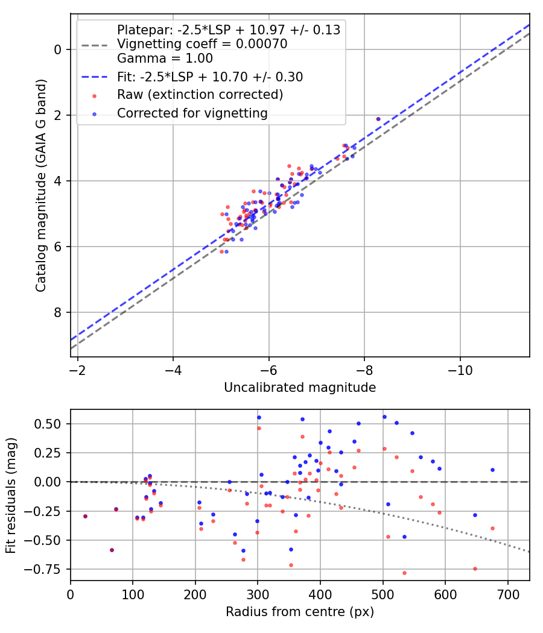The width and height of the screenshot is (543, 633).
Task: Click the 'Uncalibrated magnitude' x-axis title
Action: point(300,388)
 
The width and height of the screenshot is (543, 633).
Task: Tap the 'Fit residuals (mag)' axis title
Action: point(11,495)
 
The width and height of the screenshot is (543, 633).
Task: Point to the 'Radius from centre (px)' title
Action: point(300,612)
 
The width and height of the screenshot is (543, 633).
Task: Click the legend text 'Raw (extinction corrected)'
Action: point(200,95)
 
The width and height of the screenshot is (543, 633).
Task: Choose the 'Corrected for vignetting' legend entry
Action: point(192,113)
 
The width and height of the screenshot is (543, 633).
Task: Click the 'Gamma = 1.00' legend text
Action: point(165,58)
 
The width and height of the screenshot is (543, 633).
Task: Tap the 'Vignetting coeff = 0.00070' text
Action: point(202,44)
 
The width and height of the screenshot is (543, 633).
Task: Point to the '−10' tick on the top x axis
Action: point(460,369)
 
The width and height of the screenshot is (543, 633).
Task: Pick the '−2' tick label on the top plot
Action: point(77,369)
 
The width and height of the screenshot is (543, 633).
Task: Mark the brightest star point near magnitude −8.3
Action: point(378,119)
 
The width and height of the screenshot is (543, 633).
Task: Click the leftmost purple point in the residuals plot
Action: point(85,516)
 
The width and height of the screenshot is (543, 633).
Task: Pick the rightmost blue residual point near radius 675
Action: point(492,470)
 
